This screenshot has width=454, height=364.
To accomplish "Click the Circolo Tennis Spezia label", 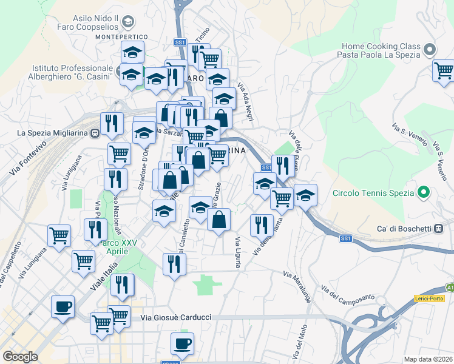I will (x=373, y=194).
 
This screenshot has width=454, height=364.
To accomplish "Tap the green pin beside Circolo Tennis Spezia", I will (x=424, y=194).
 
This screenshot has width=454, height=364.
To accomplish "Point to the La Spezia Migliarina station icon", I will (x=95, y=133).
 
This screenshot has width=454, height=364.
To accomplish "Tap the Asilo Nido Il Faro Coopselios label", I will (x=100, y=23).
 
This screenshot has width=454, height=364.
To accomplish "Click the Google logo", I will (x=20, y=356).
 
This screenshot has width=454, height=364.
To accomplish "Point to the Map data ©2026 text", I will (x=429, y=359).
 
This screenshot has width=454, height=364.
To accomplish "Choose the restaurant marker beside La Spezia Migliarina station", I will (x=112, y=123).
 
